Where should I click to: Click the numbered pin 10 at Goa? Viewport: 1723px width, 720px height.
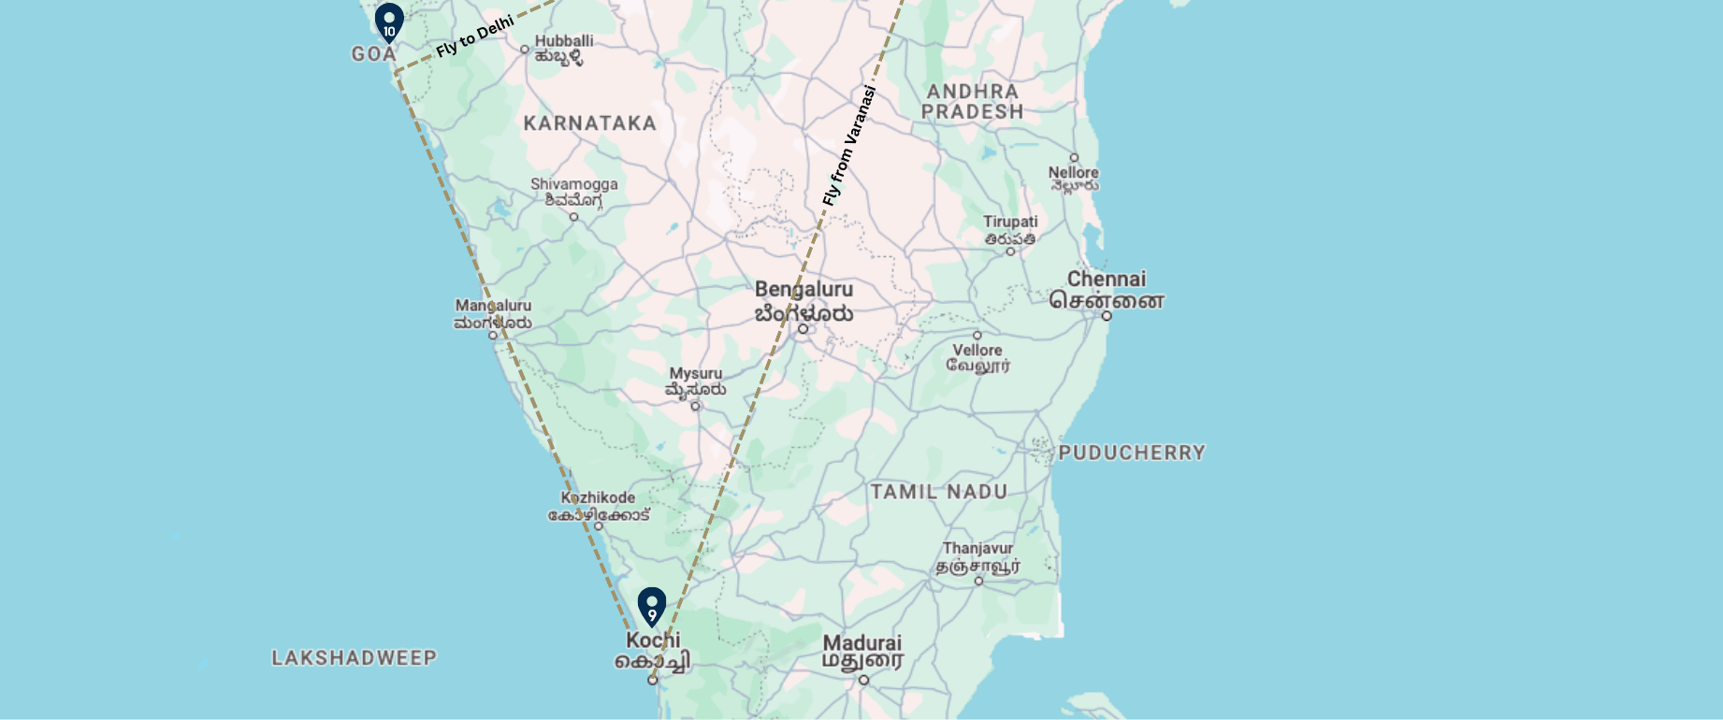[x=389, y=22]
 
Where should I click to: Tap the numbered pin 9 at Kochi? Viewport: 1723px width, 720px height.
[x=652, y=606]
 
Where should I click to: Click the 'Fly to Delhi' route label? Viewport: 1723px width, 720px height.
[x=475, y=36]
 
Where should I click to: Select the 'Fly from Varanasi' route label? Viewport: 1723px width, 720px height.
[x=849, y=145]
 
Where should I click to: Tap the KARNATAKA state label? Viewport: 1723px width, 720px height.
[x=590, y=123]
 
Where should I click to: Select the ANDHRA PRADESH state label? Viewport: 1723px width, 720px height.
[x=973, y=101]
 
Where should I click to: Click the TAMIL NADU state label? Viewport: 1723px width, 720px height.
[x=939, y=492]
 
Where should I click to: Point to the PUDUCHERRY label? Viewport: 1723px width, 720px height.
[x=1132, y=453]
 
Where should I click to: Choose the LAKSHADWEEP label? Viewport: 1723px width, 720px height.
[x=355, y=657]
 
